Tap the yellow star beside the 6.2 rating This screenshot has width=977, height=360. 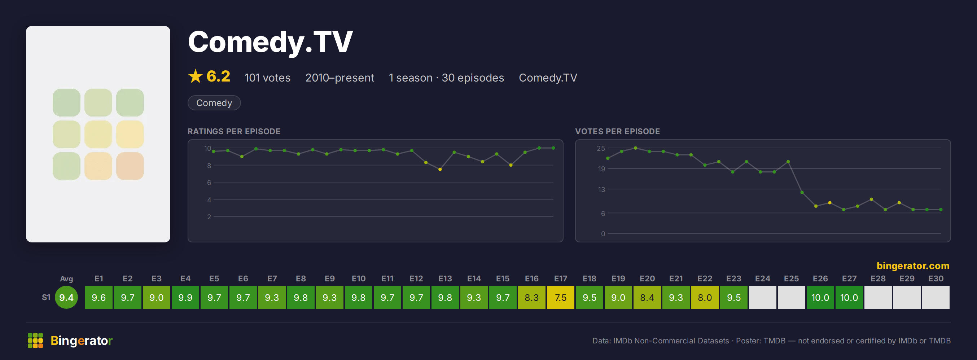point(195,76)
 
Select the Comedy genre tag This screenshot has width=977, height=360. point(214,103)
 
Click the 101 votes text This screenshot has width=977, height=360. point(267,78)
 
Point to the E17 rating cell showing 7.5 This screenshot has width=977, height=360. point(561,297)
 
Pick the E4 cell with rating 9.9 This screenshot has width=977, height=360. point(185,297)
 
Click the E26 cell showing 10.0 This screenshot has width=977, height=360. point(820,297)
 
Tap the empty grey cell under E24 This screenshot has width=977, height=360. point(762,297)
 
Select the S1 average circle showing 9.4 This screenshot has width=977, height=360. point(66,297)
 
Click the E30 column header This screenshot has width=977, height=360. point(936,279)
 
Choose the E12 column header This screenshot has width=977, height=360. point(416,279)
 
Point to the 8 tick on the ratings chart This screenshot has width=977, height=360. point(209,166)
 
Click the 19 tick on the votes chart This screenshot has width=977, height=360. point(601,169)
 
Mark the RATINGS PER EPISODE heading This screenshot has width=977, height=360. point(234,131)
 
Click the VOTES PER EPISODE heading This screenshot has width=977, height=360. point(617,131)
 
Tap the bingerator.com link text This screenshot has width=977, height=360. point(913,266)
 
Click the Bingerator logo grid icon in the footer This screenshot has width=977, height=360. point(35,340)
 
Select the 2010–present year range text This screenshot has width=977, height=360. point(340,78)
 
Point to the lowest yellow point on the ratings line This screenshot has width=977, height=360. point(440,170)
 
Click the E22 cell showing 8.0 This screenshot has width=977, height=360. point(705,297)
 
